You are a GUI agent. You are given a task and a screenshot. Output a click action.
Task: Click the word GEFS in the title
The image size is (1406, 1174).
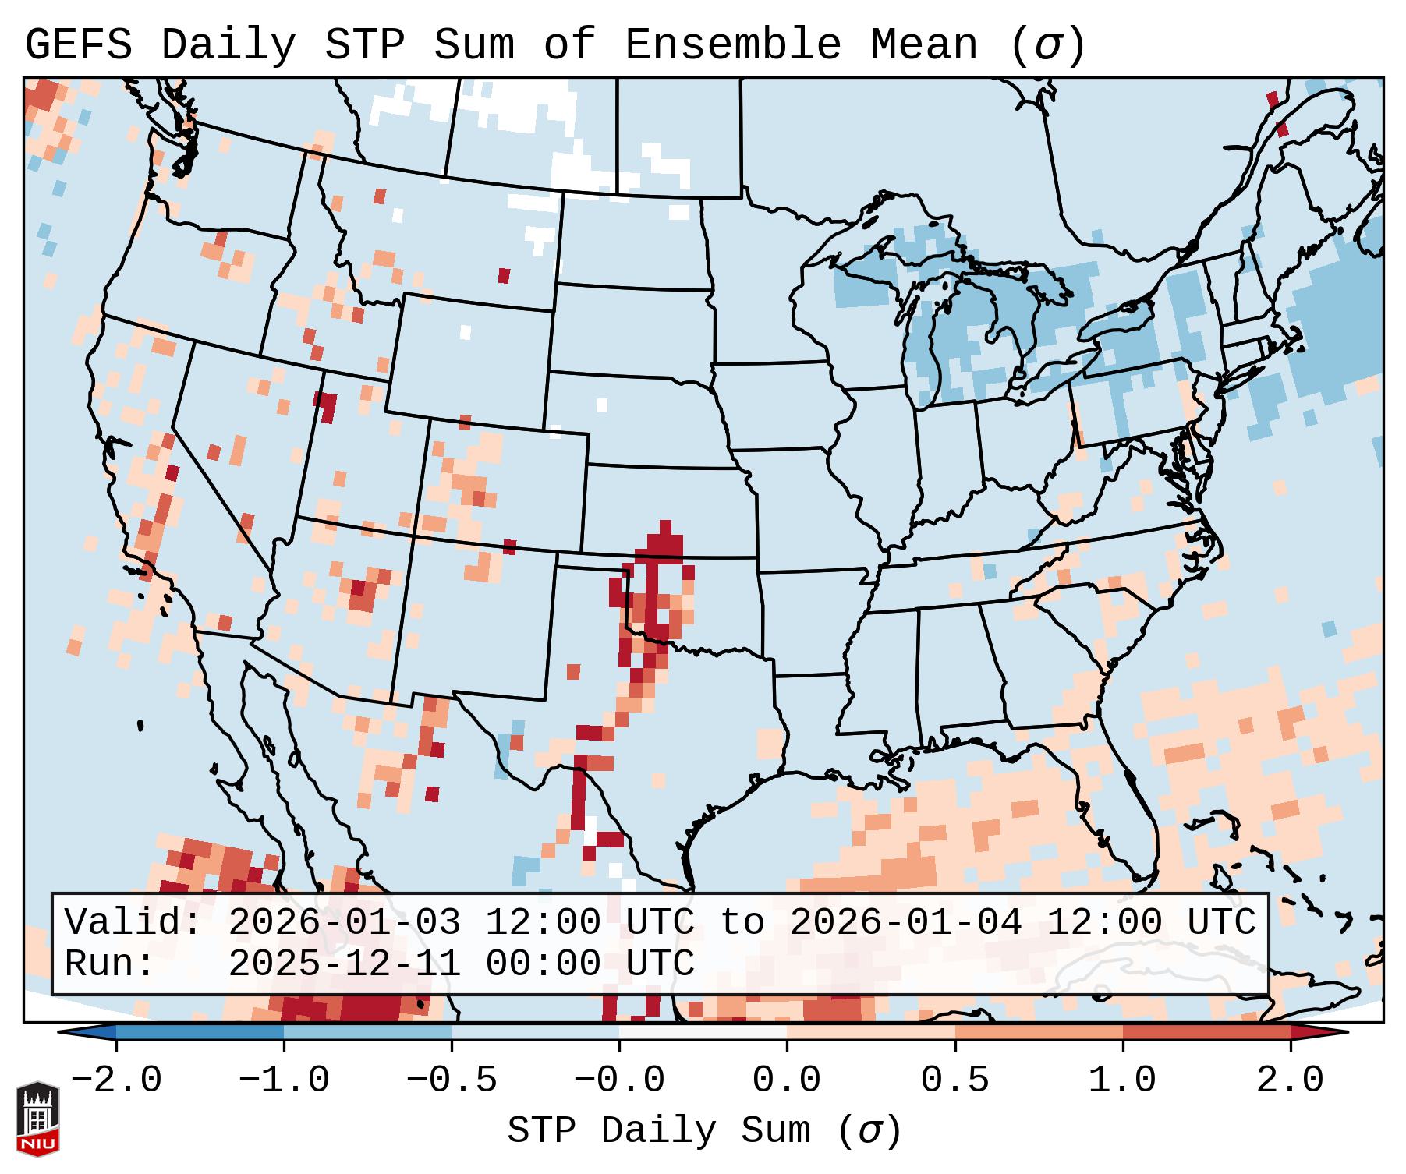[78, 45]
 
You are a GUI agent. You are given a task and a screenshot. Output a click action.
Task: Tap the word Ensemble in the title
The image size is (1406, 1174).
[732, 45]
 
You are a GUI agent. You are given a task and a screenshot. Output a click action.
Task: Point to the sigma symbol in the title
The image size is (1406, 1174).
[1047, 45]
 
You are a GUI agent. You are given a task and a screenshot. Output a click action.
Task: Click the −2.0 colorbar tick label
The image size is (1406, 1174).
[116, 1080]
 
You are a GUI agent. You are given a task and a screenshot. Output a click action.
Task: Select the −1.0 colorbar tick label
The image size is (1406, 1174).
[284, 1080]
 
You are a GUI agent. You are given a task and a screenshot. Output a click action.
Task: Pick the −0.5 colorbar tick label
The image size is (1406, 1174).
[452, 1080]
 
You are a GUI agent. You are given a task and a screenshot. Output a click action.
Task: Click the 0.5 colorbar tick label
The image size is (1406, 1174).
[954, 1080]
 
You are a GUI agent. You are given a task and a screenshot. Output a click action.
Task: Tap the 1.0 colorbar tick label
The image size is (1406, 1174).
[1122, 1080]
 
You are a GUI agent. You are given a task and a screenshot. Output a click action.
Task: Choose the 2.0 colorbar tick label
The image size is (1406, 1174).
[1290, 1080]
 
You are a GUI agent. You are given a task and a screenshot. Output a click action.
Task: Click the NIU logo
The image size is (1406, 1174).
[37, 1118]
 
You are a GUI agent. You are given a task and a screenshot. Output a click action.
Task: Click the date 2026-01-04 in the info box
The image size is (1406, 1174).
[905, 923]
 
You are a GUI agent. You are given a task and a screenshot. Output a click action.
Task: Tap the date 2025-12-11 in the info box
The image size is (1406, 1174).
[344, 964]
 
